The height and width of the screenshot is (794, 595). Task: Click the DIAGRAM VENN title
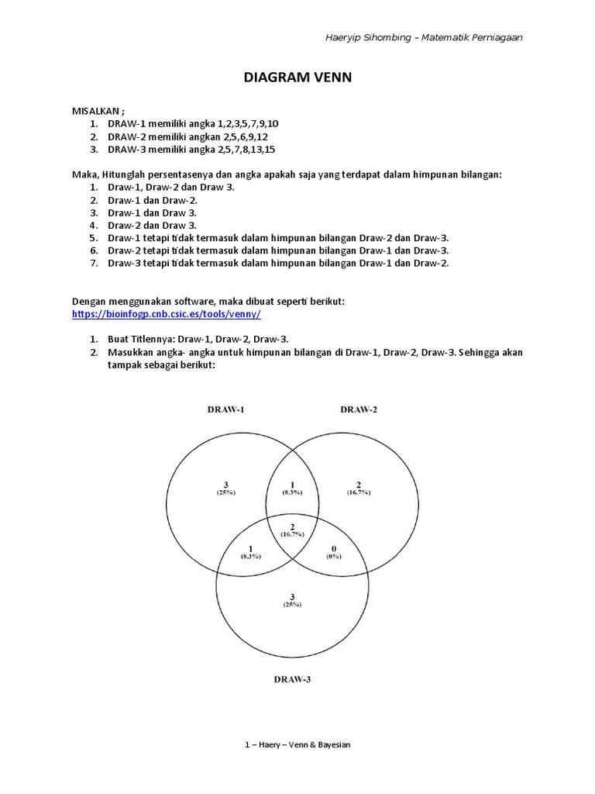[297, 78]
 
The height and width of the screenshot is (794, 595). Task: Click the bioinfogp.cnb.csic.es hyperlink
[166, 314]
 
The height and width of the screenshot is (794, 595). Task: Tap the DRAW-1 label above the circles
[226, 409]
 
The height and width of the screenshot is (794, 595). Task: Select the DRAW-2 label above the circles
[359, 409]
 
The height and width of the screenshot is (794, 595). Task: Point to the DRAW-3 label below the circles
[292, 679]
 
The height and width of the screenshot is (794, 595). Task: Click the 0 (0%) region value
[334, 551]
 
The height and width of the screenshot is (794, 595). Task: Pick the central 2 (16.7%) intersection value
[293, 530]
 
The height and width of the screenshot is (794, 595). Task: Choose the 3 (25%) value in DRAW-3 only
[292, 599]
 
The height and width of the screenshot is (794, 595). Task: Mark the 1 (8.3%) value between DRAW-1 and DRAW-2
[292, 488]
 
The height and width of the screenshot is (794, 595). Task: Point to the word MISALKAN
[97, 112]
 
